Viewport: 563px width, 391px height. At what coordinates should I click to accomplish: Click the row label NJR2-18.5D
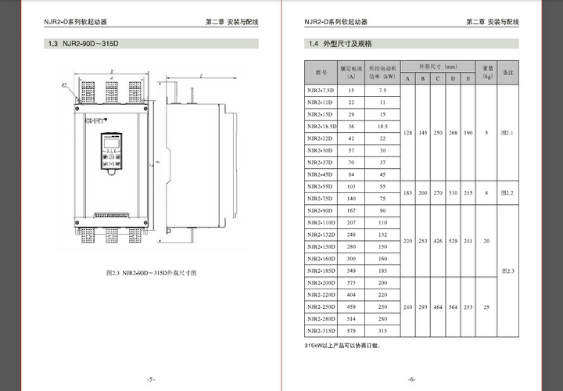coord(321,126)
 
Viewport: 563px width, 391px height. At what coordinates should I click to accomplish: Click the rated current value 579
coord(351,330)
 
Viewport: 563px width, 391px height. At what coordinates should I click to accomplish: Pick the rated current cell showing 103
coord(351,186)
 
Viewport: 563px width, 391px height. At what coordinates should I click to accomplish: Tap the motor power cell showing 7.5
coord(382,91)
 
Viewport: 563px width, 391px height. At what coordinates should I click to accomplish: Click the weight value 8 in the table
coord(486,192)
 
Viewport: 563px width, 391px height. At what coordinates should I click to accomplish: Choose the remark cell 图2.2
coord(507,192)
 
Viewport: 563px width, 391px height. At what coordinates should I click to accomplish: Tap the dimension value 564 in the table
coord(451,307)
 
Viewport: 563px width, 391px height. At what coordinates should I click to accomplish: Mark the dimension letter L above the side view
coord(202,76)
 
